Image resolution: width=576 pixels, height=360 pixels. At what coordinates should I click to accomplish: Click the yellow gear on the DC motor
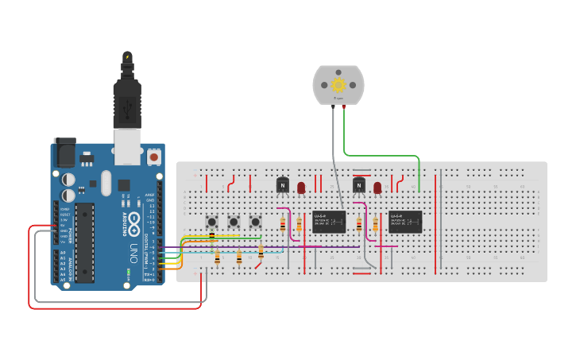[x=338, y=84]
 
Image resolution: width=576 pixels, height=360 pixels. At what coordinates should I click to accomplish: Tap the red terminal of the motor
[x=343, y=106]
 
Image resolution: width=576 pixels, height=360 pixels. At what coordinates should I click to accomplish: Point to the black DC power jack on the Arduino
[x=64, y=152]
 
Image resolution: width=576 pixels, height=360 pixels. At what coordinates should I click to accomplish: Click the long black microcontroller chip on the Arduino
[x=84, y=242]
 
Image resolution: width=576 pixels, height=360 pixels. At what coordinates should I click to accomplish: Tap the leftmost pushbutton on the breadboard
[x=212, y=222]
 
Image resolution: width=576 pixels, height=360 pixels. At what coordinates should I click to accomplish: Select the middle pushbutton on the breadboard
[x=234, y=222]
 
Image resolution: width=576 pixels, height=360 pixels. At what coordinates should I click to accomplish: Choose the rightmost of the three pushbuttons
[x=255, y=222]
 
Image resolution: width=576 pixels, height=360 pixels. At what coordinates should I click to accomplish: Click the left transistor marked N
[x=282, y=185]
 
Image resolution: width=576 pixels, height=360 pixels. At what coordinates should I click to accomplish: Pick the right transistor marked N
[x=359, y=185]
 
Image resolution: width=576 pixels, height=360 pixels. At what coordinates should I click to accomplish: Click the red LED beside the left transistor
[x=301, y=188]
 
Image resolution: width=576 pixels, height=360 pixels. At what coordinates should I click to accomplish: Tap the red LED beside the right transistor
[x=377, y=188]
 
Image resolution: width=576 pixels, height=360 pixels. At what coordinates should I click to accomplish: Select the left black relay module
[x=328, y=221]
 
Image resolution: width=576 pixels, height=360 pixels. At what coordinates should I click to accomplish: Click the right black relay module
[x=405, y=221]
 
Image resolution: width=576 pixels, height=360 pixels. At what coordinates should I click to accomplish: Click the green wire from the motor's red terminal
[x=381, y=156]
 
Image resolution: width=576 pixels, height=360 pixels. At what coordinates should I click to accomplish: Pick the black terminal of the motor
[x=332, y=106]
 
